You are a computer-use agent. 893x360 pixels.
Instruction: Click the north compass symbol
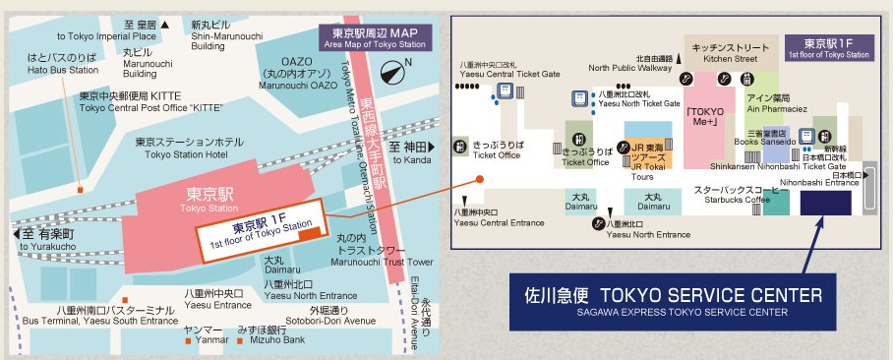point(395,72)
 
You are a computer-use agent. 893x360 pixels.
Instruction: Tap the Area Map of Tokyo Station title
point(375,37)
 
